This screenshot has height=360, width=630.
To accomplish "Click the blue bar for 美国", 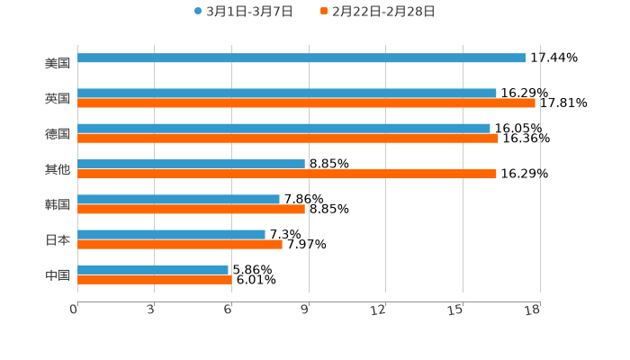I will pos(301,58).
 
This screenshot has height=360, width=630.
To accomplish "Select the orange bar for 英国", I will pos(306,103).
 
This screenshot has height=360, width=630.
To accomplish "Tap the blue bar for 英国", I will pos(286,93).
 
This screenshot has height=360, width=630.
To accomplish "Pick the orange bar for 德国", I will pos(288,139).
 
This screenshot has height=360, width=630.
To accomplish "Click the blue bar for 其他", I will pos(191,164).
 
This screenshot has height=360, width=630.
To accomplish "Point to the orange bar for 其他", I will pos(286,174).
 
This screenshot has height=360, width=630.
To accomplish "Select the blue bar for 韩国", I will pos(178,199).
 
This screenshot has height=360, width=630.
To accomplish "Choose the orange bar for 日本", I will pos(180,244).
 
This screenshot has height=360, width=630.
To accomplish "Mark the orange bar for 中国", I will pos(155,280).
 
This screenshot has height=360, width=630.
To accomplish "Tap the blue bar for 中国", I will pos(153,269).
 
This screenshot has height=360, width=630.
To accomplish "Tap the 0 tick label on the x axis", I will pos(75,310).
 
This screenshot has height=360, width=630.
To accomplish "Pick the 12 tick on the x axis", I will pos(384,310).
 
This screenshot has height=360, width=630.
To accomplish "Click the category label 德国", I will pos(58,134).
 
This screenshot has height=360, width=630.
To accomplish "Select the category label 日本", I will pos(58,240).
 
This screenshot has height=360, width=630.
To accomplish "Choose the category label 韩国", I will pos(58,204).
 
